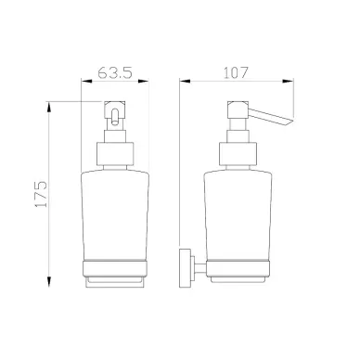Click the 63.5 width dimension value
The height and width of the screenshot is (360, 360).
pos(115,73)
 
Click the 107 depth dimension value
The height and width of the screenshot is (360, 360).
pos(236,72)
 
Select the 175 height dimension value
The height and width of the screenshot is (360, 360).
pos(41,194)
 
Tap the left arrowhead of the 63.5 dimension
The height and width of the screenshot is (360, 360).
pos(86,82)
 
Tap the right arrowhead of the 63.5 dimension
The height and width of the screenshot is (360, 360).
pos(143,82)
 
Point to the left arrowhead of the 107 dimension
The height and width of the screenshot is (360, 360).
pos(185,82)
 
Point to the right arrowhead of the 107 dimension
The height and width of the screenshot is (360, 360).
pos(288,82)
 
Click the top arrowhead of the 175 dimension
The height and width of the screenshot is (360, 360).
pos(48,107)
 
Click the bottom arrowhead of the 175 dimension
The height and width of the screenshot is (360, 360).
pos(48,281)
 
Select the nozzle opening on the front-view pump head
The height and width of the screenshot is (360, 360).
pos(115,117)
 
